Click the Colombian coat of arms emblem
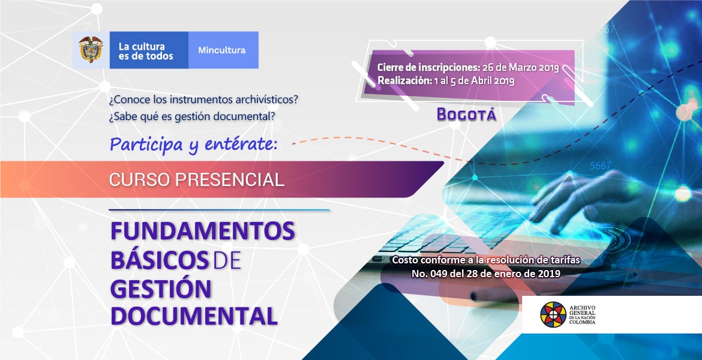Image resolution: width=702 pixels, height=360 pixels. [x=91, y=50]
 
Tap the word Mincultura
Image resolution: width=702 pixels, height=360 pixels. [x=222, y=50]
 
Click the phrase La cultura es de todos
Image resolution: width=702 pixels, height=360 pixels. [x=146, y=51]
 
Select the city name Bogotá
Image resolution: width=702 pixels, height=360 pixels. [x=467, y=115]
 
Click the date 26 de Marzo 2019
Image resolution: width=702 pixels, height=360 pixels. [x=521, y=68]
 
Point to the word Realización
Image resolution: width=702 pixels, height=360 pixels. [x=404, y=80]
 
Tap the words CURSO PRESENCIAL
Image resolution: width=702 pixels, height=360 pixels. [x=197, y=179]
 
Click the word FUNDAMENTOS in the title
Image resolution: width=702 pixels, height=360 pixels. [x=202, y=231]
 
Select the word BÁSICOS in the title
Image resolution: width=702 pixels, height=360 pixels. [x=160, y=260]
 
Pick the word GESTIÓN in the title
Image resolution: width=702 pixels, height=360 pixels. [x=161, y=289]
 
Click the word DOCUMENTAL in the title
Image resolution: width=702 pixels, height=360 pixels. [x=194, y=316]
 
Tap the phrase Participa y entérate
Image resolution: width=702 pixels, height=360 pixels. [x=194, y=145]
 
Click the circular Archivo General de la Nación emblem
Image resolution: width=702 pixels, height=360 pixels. [x=553, y=315]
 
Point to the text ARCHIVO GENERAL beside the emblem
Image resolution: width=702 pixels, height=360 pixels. [x=583, y=310]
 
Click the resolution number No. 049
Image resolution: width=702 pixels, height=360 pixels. [x=430, y=273]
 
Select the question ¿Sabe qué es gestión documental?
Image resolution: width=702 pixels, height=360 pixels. [x=192, y=116]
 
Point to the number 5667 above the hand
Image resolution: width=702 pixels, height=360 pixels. [x=601, y=166]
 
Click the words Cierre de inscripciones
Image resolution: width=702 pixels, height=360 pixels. [x=428, y=68]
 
